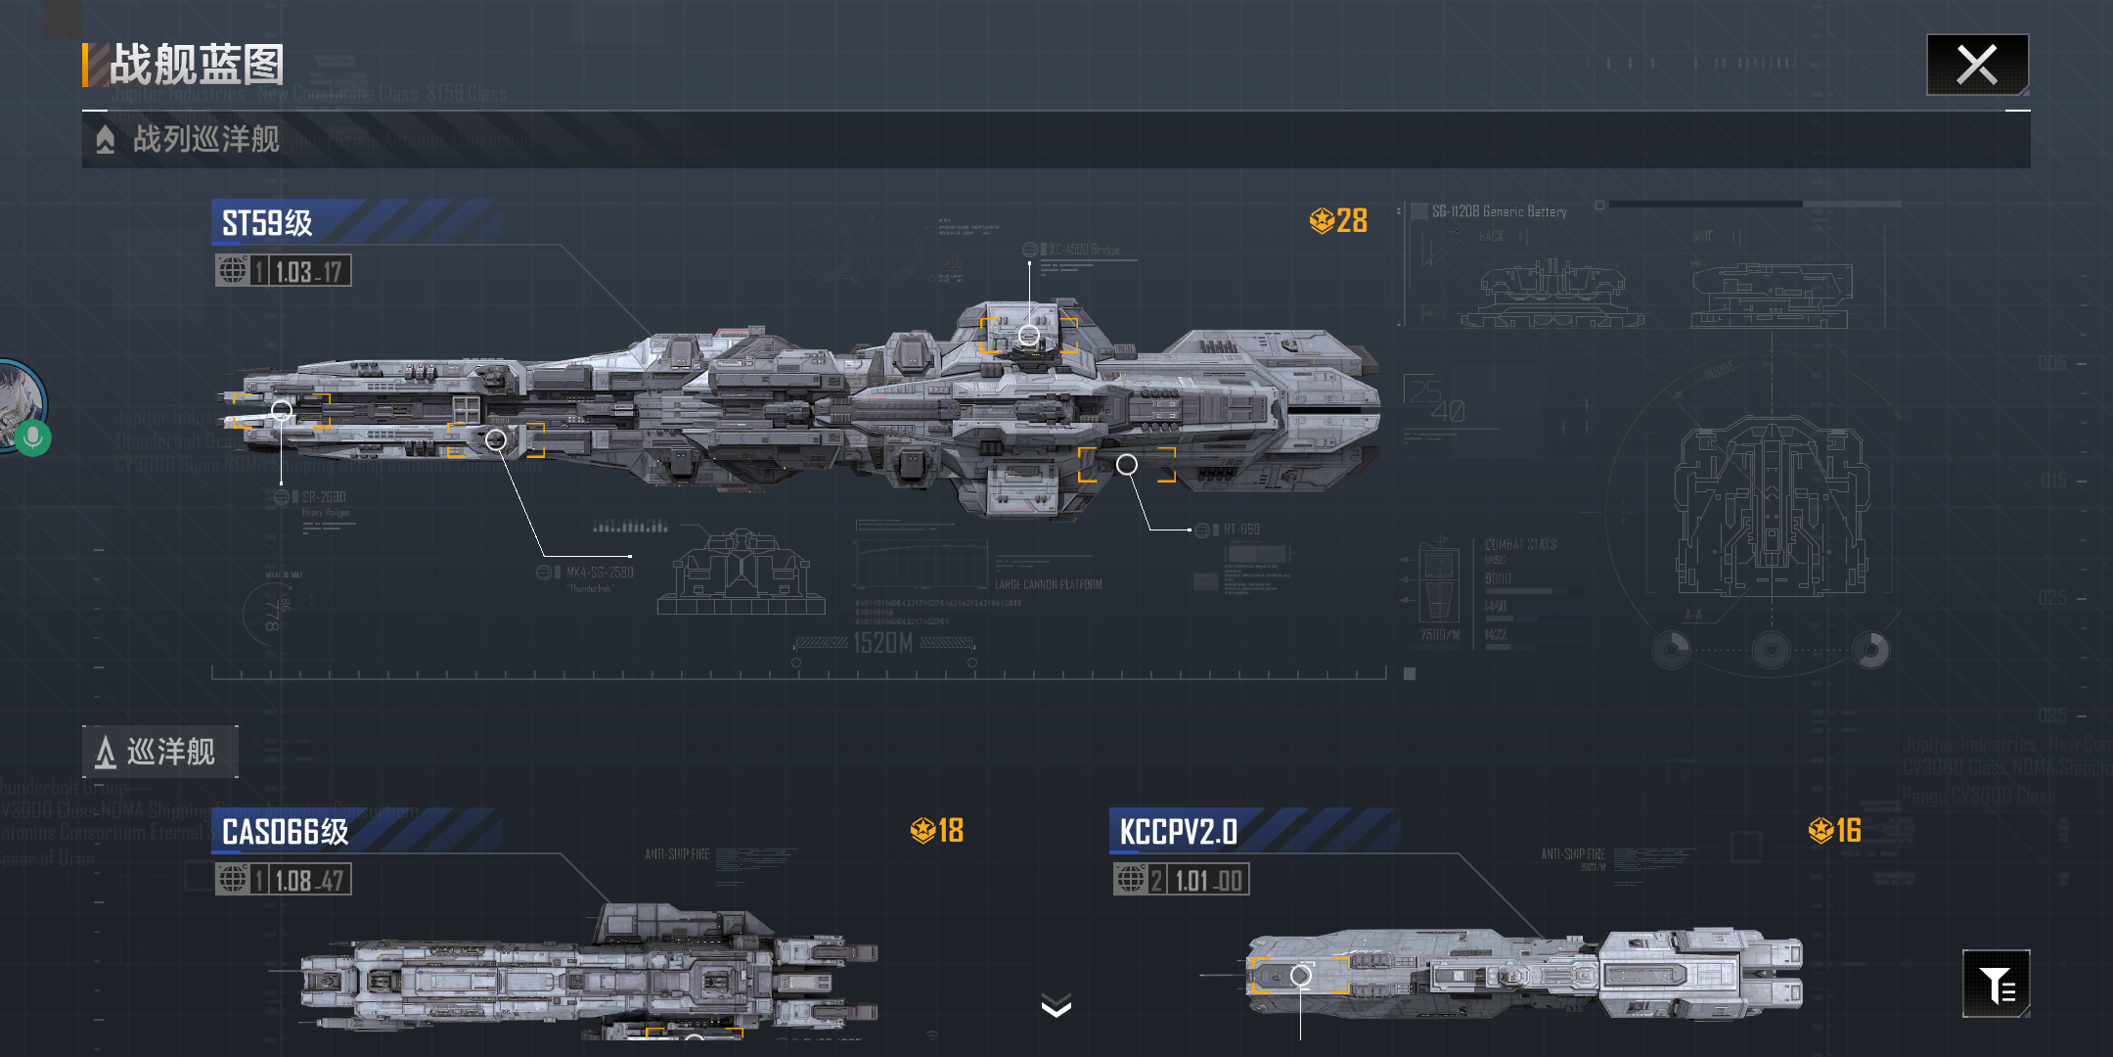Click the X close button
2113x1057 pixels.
coord(1977,66)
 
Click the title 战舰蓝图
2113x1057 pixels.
coord(197,66)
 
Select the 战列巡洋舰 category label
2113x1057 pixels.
coord(205,140)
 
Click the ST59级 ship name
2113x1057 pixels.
coord(267,223)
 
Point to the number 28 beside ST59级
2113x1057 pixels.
coord(1351,221)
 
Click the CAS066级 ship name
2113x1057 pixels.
coord(285,832)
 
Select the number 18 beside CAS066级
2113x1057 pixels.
coord(950,831)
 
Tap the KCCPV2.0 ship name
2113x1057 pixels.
coord(1178,832)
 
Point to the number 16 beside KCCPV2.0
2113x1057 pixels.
coord(1847,831)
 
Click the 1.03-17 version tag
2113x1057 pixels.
coord(307,271)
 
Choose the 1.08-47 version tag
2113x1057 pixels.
coord(308,880)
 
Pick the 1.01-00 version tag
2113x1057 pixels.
coord(1206,880)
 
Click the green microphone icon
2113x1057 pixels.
coord(32,437)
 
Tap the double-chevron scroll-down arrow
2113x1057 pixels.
coord(1056,1005)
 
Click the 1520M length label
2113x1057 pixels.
coord(882,643)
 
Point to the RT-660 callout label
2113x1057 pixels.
coord(1240,529)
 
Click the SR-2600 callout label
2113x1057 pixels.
coord(324,497)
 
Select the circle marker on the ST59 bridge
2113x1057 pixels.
coord(1029,336)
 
